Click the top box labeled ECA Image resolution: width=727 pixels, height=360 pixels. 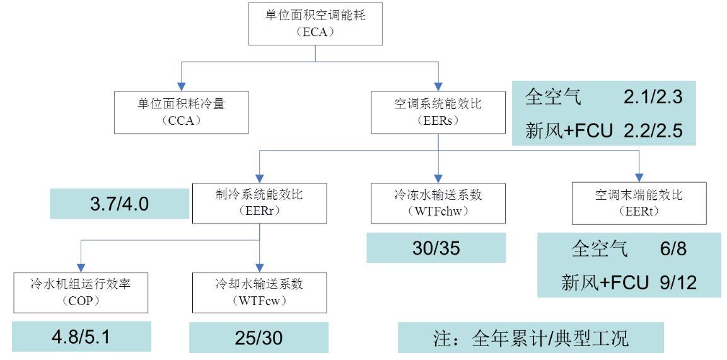(x=315, y=24)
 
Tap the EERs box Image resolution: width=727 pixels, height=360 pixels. (x=438, y=110)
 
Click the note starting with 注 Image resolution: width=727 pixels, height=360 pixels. (x=530, y=338)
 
